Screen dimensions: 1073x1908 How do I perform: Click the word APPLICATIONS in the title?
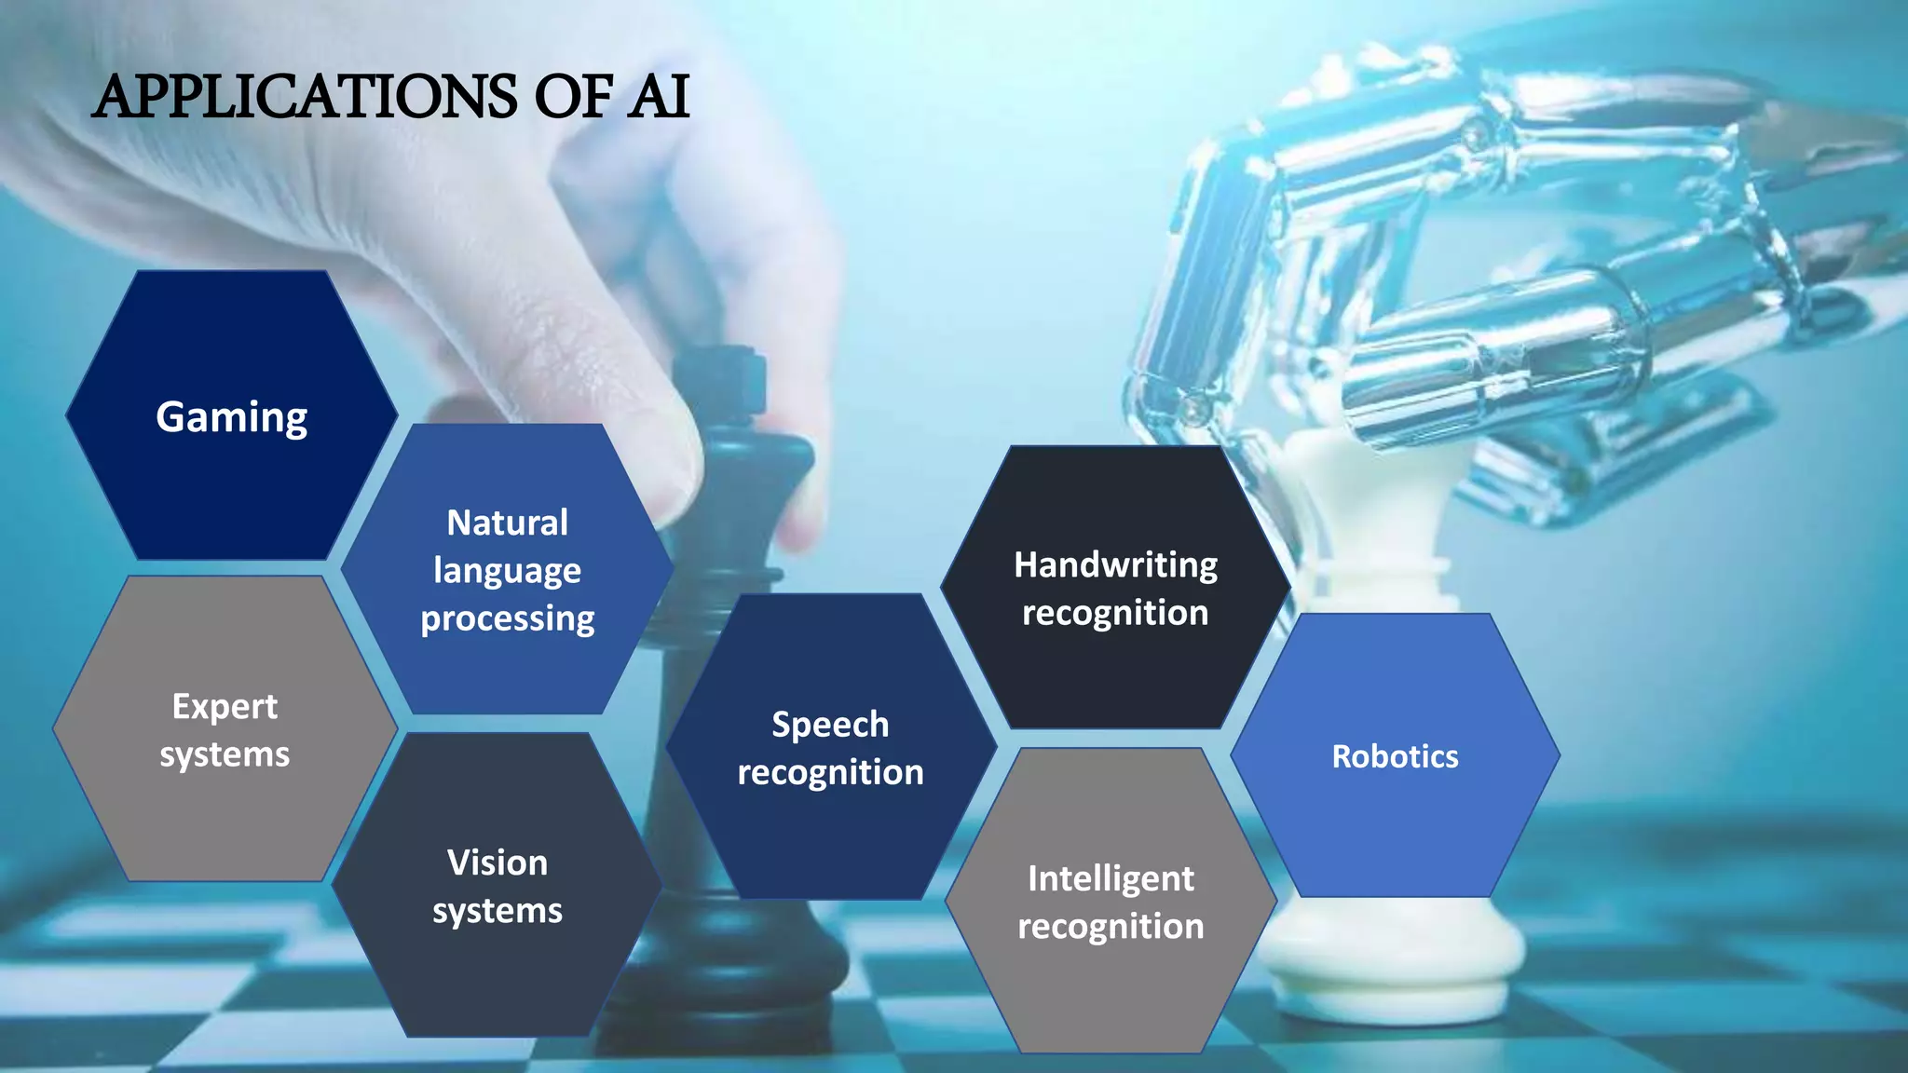click(307, 97)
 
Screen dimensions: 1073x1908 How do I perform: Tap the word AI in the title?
click(658, 97)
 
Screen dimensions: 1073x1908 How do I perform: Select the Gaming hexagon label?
click(231, 416)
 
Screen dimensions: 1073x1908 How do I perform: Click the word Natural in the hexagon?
click(507, 523)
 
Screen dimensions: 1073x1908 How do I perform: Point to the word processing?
click(507, 619)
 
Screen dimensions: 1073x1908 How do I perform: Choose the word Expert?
click(225, 706)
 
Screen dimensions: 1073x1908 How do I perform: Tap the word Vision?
click(497, 862)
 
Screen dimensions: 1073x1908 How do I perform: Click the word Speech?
click(830, 724)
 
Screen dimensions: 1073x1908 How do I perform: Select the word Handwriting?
click(1115, 564)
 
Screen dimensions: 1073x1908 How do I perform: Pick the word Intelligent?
click(1111, 878)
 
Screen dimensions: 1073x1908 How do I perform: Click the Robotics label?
click(1395, 756)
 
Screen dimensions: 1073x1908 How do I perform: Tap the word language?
click(507, 571)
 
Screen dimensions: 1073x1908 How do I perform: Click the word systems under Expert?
click(225, 754)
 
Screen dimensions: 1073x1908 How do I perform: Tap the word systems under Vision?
click(497, 911)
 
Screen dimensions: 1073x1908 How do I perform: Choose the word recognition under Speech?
click(830, 772)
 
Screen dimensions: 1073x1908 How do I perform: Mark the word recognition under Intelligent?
click(1111, 927)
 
